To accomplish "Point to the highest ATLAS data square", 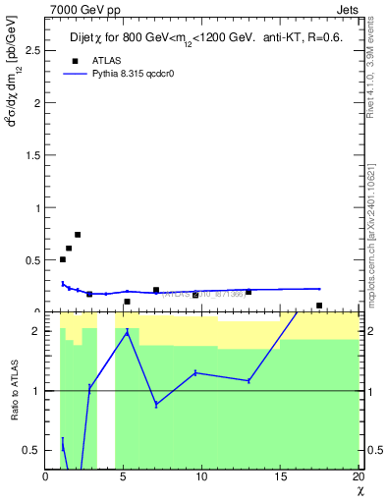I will (78, 235).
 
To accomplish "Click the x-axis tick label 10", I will (201, 477).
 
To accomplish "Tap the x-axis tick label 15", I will (280, 477).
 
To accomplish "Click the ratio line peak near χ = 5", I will (128, 332).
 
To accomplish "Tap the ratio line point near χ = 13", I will (248, 381).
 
